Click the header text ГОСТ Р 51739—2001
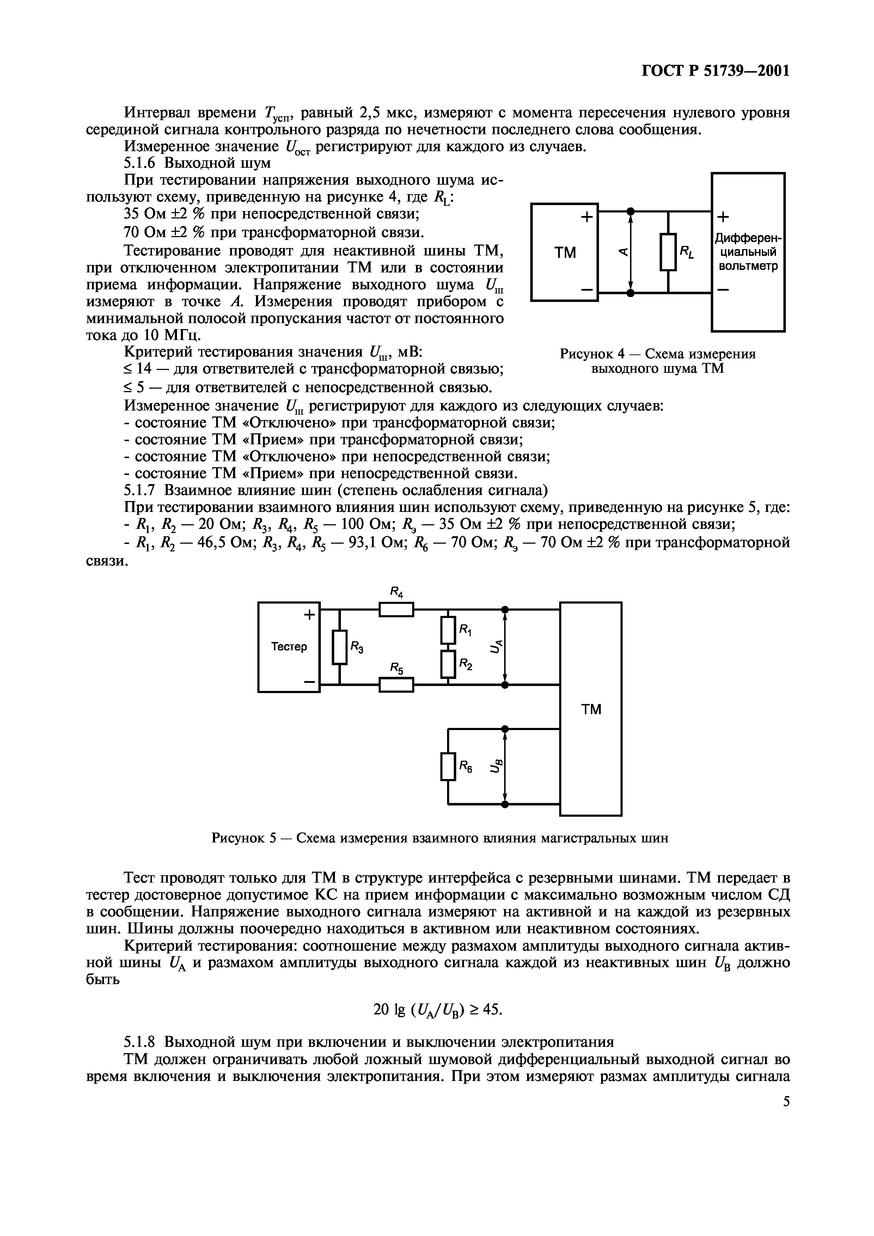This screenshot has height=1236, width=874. coord(716,70)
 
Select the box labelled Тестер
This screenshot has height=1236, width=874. coord(289,647)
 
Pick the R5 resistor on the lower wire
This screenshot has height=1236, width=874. coord(396,685)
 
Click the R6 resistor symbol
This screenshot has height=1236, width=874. coord(448,766)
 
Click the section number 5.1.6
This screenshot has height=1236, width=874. coord(142,162)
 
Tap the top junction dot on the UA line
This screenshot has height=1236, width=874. coord(505,610)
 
